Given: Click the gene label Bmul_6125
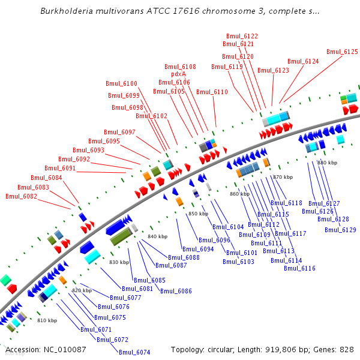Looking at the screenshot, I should click(x=343, y=52).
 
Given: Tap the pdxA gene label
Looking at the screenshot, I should click(x=179, y=74).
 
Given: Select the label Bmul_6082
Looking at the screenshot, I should click(x=21, y=196).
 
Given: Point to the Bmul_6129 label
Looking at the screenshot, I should click(x=340, y=230).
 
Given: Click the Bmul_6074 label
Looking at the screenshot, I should click(x=134, y=352).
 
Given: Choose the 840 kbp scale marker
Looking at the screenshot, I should click(x=157, y=237).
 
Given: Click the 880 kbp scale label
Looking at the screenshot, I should click(x=328, y=163).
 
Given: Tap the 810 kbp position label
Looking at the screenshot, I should click(x=47, y=320).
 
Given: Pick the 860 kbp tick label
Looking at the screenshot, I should click(x=239, y=194).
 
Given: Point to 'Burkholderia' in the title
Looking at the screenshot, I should click(x=66, y=11).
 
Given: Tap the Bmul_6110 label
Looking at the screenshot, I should click(x=212, y=92).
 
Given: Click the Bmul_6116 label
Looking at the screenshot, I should click(x=299, y=268).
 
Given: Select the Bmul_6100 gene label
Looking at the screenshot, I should click(x=121, y=83).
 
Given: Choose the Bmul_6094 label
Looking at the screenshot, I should click(x=198, y=249).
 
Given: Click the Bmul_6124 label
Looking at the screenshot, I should click(x=303, y=61).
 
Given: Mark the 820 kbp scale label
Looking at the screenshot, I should click(x=82, y=290).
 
